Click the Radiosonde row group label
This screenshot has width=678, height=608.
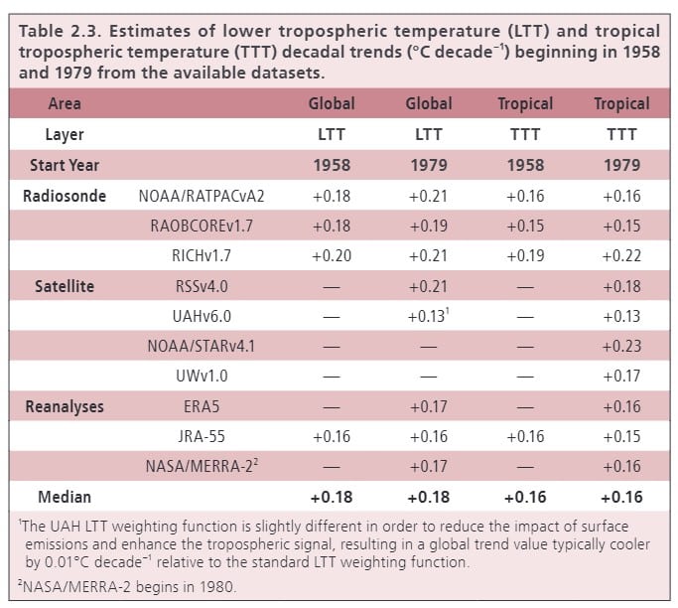65,196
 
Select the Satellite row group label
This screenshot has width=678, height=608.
65,286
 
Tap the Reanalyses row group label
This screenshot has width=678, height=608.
65,406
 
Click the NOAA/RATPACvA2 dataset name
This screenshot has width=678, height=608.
202,196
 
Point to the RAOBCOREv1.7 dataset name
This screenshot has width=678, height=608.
202,226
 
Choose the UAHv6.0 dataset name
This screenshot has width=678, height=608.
202,316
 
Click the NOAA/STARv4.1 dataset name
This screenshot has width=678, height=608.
202,347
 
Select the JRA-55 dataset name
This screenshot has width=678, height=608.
202,437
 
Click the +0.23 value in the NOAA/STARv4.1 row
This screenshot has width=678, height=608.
622,347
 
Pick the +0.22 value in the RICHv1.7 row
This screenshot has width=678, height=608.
622,256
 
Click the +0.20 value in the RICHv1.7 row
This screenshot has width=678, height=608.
332,256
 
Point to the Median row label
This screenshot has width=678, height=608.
65,497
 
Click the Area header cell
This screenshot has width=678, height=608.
65,103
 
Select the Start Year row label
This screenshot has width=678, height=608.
65,165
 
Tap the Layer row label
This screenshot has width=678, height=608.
65,134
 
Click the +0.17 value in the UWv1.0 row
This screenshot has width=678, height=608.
622,377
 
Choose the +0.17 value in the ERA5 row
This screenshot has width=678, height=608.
429,406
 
